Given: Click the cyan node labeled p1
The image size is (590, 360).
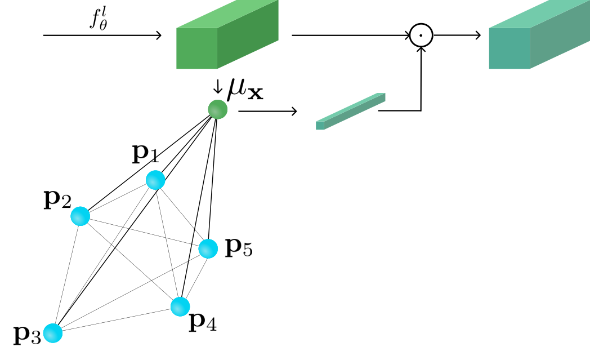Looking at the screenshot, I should point(155,180).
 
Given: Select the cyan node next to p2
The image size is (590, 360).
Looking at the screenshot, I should point(81,216).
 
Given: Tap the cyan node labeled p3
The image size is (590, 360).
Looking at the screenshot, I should point(53,333).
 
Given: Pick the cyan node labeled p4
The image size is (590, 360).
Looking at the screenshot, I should point(180,306).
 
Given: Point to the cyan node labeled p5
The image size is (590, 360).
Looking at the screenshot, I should point(208,248).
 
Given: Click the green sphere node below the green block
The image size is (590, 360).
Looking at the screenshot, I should point(218,109).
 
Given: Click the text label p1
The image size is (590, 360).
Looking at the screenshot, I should point(145,154).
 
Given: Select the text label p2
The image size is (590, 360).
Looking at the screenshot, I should point(57,199).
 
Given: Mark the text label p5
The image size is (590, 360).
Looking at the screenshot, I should point(239,247).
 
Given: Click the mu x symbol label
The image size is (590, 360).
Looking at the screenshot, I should point(245,89).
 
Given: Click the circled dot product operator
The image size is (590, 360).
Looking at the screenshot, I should point(421,35).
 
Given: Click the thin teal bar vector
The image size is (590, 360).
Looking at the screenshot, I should point(350,112).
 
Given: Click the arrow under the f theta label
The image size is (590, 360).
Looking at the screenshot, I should point(102,35).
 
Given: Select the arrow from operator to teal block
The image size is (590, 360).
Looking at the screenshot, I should point(457,35).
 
